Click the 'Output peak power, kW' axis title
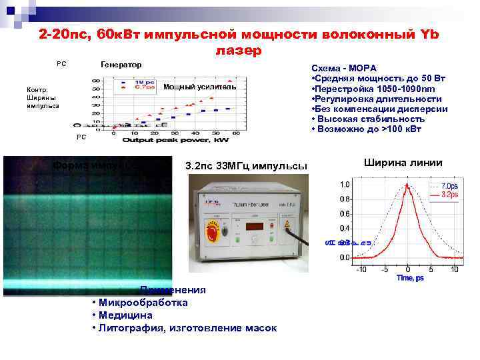[170, 140]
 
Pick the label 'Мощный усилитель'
[200, 87]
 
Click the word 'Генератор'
[121, 65]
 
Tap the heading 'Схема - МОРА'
[344, 69]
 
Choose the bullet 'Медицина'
[125, 315]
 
